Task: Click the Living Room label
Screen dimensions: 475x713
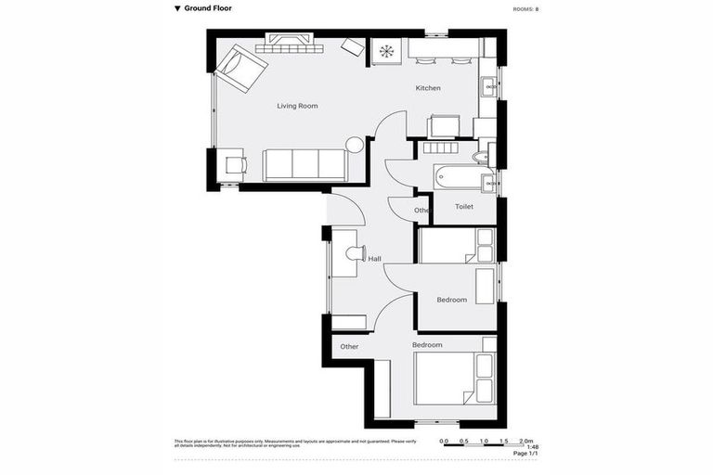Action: pos(297,106)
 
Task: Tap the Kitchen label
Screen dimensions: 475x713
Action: pos(428,88)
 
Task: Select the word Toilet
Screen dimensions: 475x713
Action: pos(464,208)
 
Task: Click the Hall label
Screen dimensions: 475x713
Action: pos(374,259)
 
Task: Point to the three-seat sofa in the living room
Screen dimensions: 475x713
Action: pos(305,165)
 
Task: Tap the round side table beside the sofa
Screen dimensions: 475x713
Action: pos(355,145)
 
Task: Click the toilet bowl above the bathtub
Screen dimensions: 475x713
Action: pos(481,157)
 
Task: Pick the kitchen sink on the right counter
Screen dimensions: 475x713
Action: pos(488,88)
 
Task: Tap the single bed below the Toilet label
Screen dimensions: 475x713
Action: pos(456,246)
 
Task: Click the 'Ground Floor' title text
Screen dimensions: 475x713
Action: pos(208,8)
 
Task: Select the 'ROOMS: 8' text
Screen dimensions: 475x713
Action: pos(525,9)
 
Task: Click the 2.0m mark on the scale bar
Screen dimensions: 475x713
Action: pos(525,441)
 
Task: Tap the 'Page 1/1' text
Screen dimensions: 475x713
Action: pos(525,454)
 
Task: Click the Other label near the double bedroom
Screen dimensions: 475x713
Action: pos(349,347)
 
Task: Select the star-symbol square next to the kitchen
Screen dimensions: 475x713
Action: pos(384,51)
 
